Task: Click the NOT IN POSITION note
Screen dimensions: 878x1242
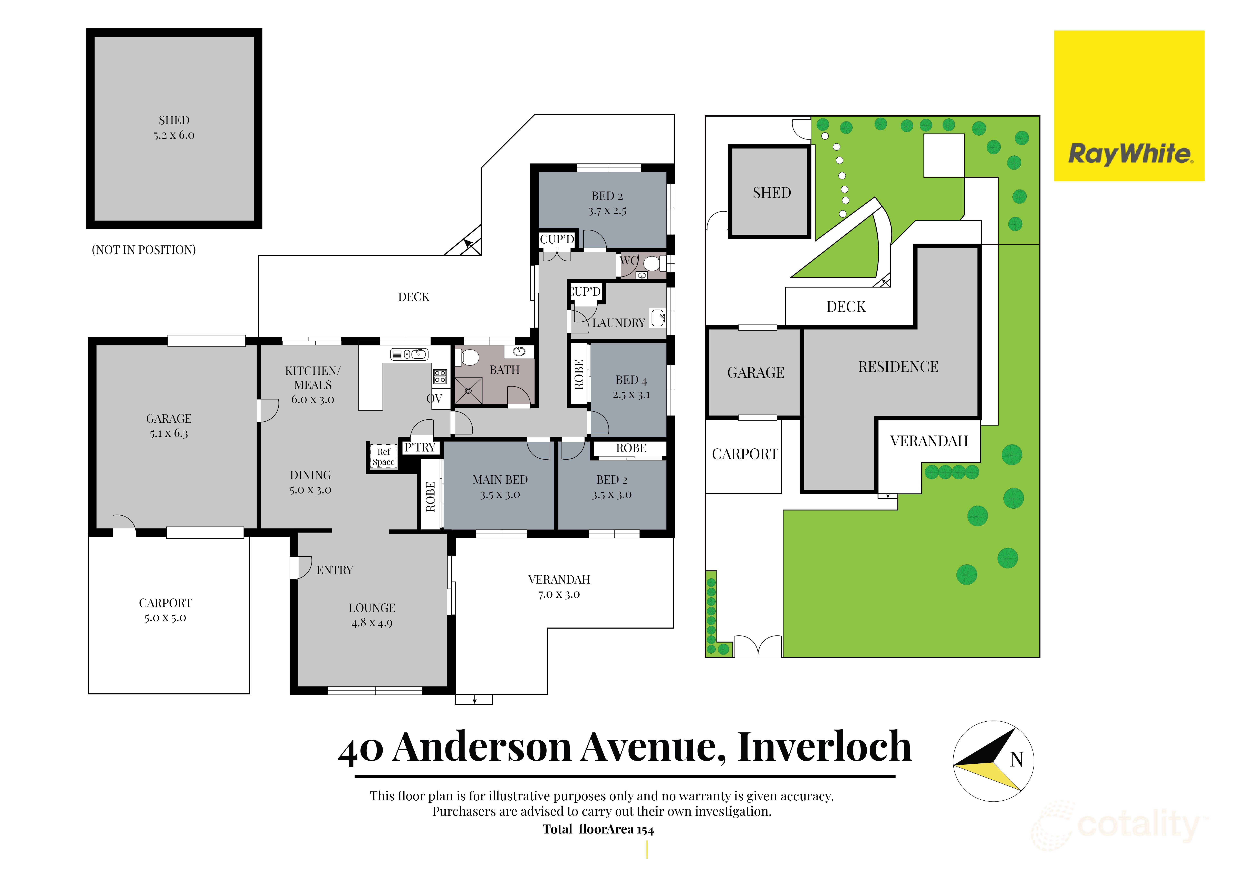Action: (144, 250)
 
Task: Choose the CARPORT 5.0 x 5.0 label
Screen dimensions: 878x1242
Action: (165, 610)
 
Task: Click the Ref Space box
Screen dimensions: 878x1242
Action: (384, 457)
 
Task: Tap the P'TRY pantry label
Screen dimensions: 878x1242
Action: (420, 448)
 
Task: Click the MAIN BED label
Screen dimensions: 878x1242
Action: (500, 487)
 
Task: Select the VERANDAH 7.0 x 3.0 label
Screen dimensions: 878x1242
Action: (559, 587)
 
